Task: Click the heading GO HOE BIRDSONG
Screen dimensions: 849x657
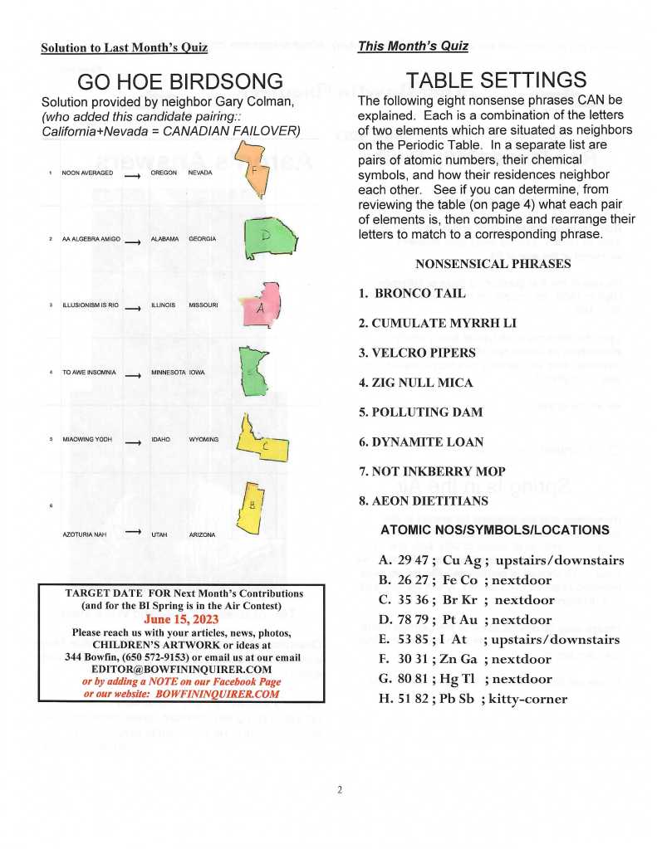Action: pos(179,81)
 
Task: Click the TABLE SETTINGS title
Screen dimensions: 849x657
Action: pos(496,80)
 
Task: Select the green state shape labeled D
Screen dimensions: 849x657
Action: pos(269,236)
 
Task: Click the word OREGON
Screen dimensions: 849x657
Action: pos(164,173)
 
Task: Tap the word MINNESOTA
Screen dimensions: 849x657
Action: pos(168,373)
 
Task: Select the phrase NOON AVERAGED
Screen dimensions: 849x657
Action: pos(87,173)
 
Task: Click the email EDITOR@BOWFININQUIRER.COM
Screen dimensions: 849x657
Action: pos(182,668)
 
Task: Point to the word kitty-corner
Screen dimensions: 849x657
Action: pos(528,699)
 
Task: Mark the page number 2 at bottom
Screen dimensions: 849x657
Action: pos(339,789)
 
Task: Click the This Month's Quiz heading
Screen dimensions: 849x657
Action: pos(413,46)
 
